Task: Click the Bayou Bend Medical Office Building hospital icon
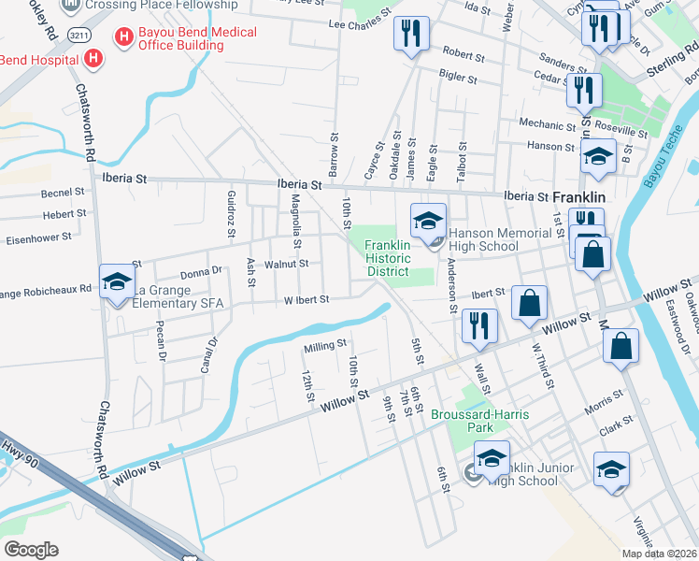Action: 122,37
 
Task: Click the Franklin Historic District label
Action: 387,257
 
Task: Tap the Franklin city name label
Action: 580,198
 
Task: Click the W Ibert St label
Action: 307,300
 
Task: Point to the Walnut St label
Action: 287,265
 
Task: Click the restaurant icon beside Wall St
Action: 479,325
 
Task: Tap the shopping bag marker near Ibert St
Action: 529,303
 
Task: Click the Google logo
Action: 31,550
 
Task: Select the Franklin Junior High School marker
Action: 492,459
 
